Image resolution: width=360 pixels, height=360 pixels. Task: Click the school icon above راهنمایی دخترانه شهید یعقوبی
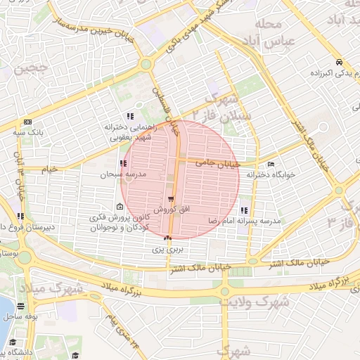[129, 116]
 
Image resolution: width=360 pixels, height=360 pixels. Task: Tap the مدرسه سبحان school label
[116, 174]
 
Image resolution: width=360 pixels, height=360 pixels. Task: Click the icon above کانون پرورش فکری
[120, 207]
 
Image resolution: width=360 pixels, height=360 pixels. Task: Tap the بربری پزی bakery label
[168, 250]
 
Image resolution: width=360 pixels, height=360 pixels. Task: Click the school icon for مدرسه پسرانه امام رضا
[244, 210]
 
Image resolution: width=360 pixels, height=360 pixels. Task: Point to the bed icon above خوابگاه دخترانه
[271, 163]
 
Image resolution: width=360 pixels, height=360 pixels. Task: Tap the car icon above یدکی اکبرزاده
[339, 61]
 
